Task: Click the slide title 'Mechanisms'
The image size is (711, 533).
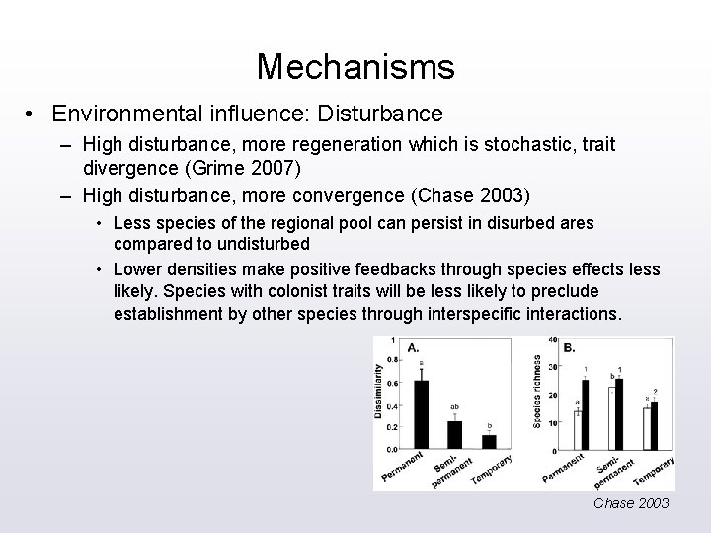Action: (x=355, y=67)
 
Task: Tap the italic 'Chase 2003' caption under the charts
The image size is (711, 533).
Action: (x=631, y=503)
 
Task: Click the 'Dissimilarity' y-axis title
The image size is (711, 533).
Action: (x=378, y=390)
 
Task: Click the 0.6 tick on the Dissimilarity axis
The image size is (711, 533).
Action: (x=391, y=383)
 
